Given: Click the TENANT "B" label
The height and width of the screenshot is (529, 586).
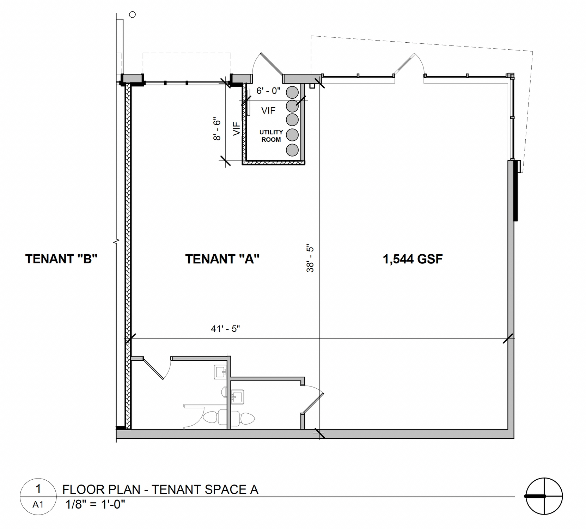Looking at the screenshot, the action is point(61,259).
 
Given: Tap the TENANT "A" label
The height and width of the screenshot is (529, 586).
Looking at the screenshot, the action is point(222,259).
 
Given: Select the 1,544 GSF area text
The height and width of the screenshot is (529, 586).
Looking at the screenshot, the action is point(413,259).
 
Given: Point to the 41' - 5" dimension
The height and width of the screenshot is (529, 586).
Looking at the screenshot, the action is point(225,329).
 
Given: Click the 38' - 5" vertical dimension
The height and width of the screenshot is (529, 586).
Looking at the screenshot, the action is point(310,258).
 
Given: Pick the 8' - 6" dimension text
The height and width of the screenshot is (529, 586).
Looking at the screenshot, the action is point(217,129).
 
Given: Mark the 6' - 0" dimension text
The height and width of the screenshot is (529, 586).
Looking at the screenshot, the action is point(268,91).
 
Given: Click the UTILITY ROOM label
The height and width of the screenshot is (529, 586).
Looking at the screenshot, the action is point(271,136).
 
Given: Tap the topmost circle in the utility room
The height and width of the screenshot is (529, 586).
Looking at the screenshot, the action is point(292,92).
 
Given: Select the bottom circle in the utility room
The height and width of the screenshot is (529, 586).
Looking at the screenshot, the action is point(292,150).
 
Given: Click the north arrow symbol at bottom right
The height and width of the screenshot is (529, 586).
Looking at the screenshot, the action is point(544,496).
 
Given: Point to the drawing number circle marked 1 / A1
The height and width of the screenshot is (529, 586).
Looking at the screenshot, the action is point(38,497).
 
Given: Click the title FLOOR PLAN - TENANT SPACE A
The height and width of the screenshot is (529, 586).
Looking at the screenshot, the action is point(160,490).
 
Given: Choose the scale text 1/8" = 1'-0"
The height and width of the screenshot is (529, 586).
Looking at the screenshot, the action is point(95,504).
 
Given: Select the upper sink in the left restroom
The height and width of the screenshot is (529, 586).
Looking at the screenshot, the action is point(220,372).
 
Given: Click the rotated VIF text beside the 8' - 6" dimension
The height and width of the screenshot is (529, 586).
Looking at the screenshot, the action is point(237,128).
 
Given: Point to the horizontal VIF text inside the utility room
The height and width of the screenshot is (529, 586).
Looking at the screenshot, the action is point(268,111).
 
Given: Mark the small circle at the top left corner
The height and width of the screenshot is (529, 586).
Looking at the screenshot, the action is point(133,14).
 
